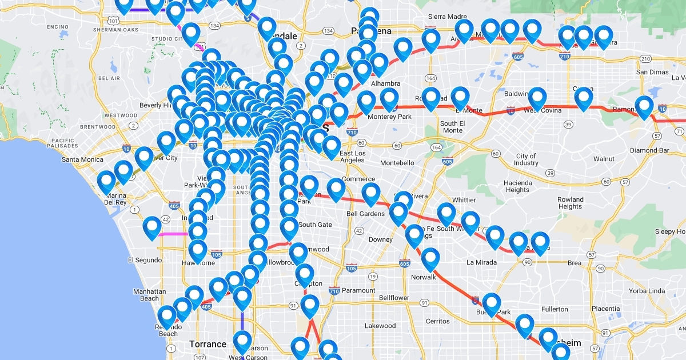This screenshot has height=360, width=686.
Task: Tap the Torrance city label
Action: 208,344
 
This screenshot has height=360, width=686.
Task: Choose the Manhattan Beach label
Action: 150,295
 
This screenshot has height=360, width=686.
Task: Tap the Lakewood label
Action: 380,326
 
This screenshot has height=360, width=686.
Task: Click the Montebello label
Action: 397,163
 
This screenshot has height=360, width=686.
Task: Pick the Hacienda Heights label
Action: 517,186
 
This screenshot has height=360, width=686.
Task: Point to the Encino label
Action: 58,27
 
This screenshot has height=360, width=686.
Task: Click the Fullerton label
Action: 555,309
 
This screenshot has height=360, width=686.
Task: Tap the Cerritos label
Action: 437,322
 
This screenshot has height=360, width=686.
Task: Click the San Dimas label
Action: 652,72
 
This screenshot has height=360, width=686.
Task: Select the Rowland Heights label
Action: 570,203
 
